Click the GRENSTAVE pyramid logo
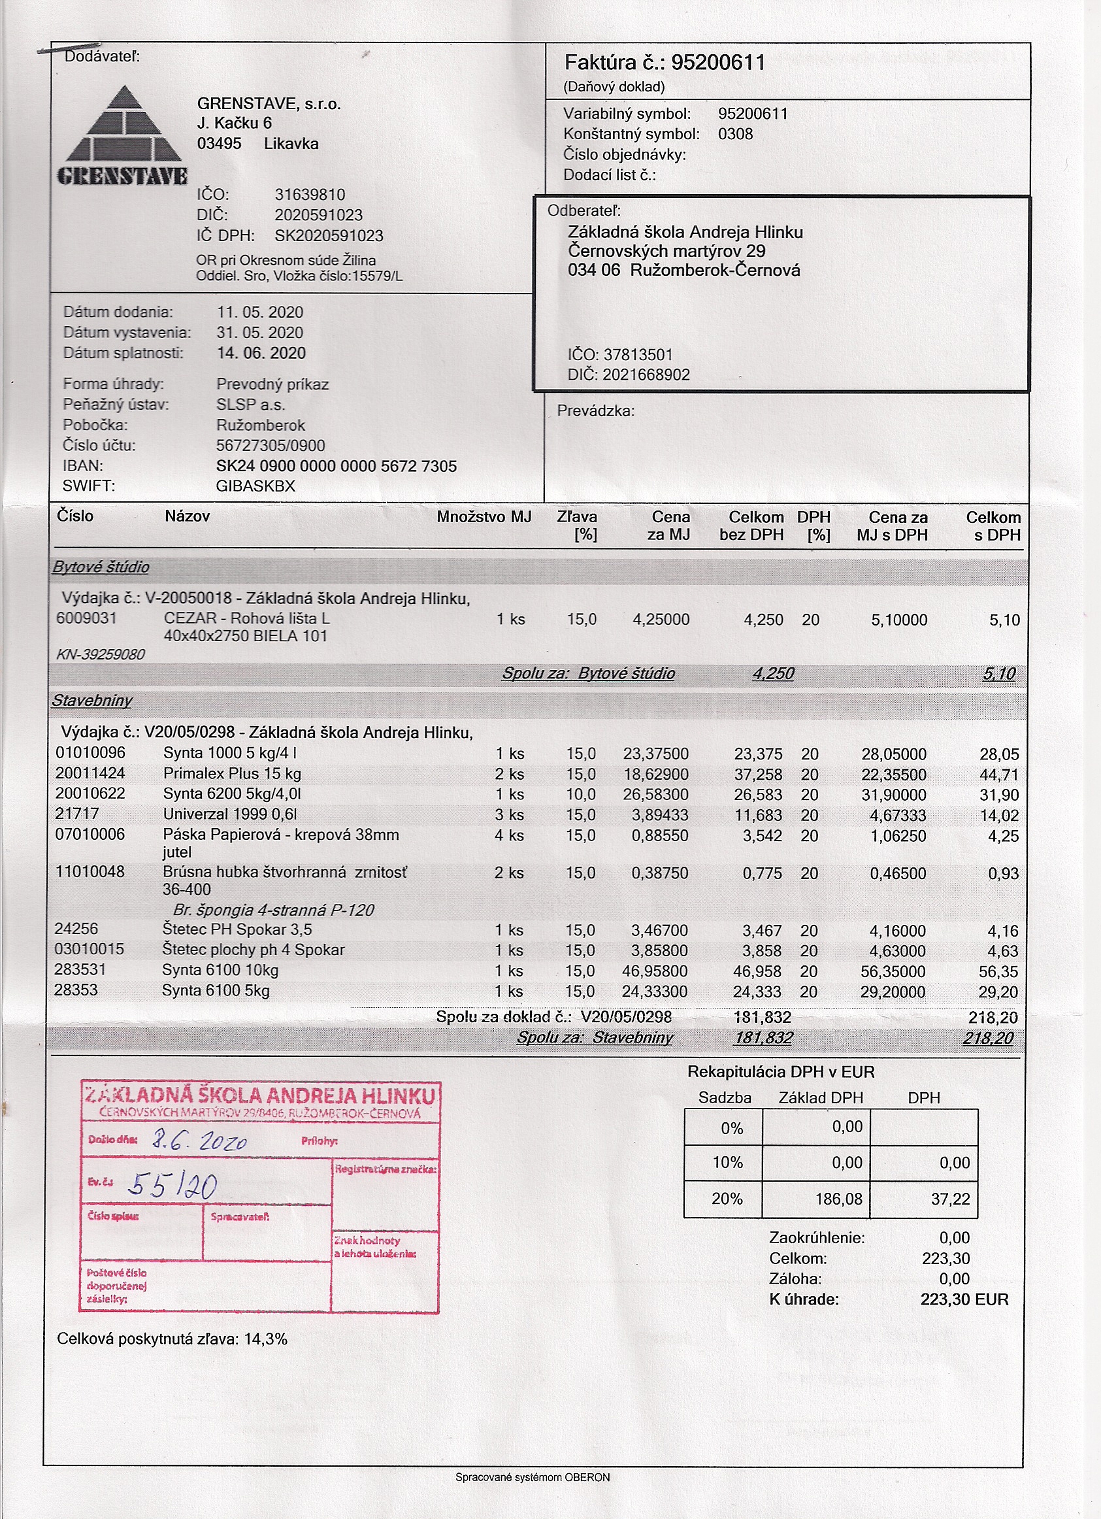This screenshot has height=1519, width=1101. pos(123,135)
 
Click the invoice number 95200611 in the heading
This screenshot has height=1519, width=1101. pos(718,63)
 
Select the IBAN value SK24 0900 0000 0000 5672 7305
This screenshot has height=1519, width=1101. pos(337,466)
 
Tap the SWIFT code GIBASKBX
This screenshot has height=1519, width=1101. pos(255,486)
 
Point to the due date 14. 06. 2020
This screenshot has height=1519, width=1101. pos(261,353)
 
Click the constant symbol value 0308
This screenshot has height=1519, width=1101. pos(735,134)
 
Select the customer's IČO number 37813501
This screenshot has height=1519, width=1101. pos(638,354)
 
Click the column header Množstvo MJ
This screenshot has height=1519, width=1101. pos(484,516)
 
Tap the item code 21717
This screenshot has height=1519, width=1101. pos(77,814)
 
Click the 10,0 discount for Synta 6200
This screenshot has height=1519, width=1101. pos(581,794)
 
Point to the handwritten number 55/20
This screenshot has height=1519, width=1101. pos(172,1186)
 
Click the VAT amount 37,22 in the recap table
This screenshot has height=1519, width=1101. pos(949,1199)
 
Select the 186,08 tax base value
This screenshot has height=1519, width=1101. pos(838,1199)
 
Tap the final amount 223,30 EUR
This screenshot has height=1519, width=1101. pos(964,1299)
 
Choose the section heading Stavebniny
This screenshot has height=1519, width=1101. pos(91,701)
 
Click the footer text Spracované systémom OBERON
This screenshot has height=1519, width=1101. pos(533,1477)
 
